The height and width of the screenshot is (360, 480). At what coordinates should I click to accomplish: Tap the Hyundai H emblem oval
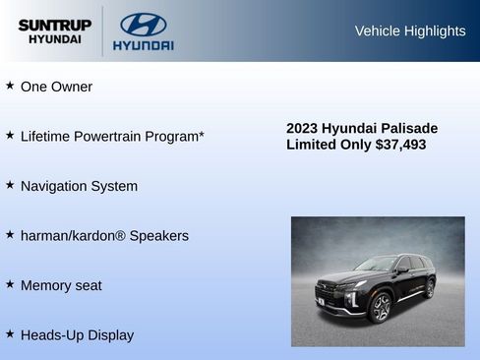coord(143,24)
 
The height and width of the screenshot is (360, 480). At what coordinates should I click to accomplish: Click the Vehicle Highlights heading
coord(410,30)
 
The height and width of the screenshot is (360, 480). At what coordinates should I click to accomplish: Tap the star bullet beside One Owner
coord(10,86)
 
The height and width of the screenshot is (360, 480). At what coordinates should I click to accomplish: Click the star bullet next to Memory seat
coord(10,284)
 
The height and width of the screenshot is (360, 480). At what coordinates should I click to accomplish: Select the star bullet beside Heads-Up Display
coord(10,333)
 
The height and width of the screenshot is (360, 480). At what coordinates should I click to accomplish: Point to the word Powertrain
coord(117,136)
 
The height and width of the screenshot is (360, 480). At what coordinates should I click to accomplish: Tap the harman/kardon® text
coord(73,236)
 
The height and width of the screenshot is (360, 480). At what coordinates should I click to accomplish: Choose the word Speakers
coord(158,236)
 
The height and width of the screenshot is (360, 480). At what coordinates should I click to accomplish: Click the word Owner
coord(73,87)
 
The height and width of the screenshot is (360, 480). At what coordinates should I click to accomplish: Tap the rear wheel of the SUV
coord(430,288)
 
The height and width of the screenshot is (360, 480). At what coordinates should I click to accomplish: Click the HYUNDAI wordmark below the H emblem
coord(143,45)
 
